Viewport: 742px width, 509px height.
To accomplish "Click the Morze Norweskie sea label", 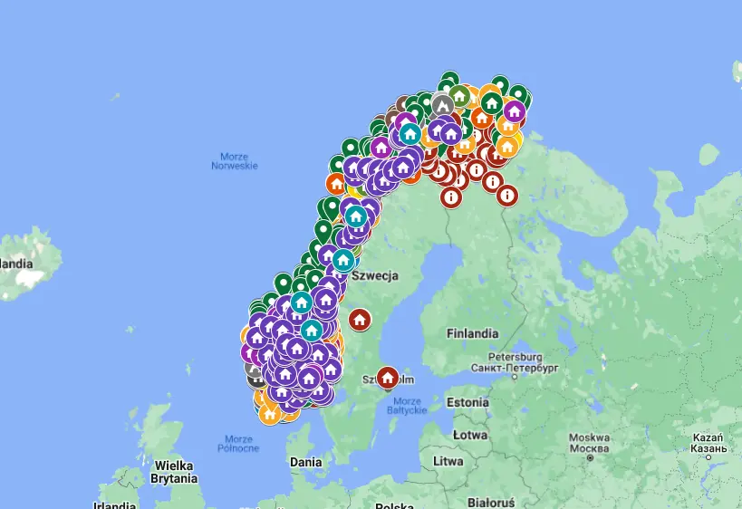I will coord(235,161).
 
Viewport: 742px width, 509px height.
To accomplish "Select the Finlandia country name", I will coord(472,333).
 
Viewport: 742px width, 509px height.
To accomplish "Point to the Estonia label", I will coord(468,401).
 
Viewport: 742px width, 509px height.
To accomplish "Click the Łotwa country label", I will coord(470,434).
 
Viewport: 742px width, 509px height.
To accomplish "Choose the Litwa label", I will coord(448,461).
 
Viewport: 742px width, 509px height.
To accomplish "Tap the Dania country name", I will coord(305,462).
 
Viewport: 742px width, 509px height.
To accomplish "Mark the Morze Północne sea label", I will coord(238,444).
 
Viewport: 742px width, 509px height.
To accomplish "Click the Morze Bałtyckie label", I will coord(408,405).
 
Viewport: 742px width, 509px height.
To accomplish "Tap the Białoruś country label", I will coord(491,502).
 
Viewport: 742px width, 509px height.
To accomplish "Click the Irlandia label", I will coord(114,504).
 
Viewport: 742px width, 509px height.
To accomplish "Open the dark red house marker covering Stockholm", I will coord(388,377).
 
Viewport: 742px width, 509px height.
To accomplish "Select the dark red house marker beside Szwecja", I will coord(360,320).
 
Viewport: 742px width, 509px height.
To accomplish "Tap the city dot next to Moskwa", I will coord(589,458).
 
